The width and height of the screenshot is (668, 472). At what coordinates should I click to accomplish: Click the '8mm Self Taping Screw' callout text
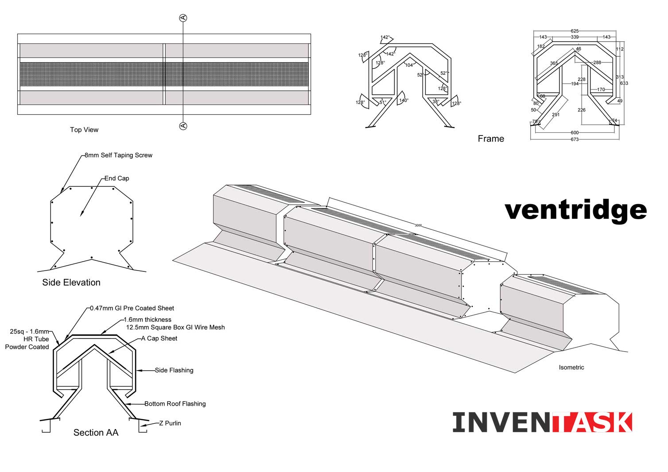point(118,155)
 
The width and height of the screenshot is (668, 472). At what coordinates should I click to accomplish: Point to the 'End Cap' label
point(117,178)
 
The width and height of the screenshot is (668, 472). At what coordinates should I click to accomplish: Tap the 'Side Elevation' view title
point(71,282)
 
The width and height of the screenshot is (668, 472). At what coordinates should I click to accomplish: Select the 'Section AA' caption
point(96,433)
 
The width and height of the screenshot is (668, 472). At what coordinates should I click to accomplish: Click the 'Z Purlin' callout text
point(170,423)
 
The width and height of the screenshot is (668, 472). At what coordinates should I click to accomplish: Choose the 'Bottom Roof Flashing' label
point(175,404)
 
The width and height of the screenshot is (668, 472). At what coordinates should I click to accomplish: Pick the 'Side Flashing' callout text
point(174,370)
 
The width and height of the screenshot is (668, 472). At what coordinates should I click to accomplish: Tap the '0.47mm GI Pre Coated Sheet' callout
point(132,308)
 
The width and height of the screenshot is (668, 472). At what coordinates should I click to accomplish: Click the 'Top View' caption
point(84,130)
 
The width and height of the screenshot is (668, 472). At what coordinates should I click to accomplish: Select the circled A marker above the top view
point(183,18)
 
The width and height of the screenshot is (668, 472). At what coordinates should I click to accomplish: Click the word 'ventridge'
point(575,210)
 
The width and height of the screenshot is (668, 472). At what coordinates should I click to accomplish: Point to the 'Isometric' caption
point(571,368)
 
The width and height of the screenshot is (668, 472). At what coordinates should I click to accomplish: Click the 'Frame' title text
point(491,139)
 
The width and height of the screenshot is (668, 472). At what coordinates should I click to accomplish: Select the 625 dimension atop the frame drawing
point(575,31)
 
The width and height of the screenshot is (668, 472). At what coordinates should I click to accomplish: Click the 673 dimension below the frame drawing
point(575,139)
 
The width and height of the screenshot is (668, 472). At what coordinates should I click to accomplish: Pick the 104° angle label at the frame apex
point(409,65)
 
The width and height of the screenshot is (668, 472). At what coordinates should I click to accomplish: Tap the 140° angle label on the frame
point(404,101)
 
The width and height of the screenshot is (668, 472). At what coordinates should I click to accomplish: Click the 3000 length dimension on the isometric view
point(418,225)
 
